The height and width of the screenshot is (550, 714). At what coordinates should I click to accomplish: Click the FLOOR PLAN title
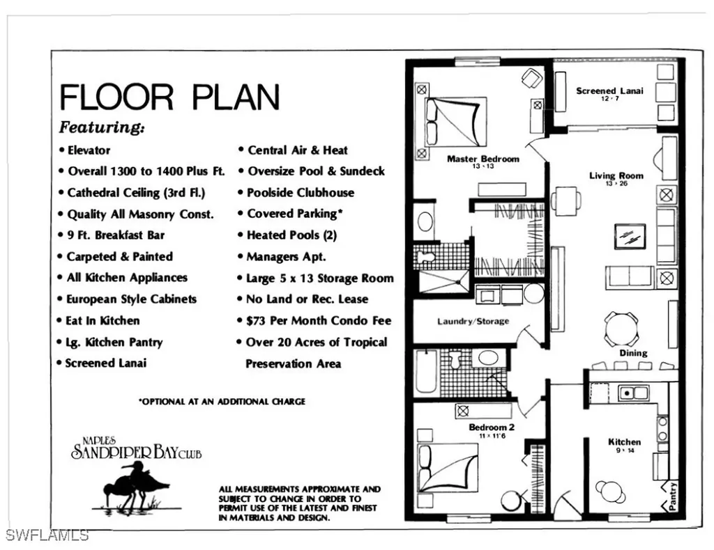click(169, 97)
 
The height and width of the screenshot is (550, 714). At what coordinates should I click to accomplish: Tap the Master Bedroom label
click(483, 159)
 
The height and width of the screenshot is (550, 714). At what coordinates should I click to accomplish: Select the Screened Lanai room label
click(609, 91)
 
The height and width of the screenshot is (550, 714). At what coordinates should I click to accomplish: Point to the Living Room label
click(616, 176)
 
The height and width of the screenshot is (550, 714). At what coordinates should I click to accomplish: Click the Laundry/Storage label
click(473, 322)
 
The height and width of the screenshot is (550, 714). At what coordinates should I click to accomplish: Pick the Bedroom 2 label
click(492, 427)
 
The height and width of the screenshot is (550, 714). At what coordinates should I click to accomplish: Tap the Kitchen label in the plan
click(624, 442)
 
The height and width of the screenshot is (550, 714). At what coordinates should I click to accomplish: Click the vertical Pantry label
click(672, 497)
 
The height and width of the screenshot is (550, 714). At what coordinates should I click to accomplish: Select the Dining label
click(633, 353)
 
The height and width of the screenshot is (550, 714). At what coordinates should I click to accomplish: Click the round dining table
click(621, 329)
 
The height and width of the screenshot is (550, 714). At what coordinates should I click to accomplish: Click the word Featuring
click(102, 127)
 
